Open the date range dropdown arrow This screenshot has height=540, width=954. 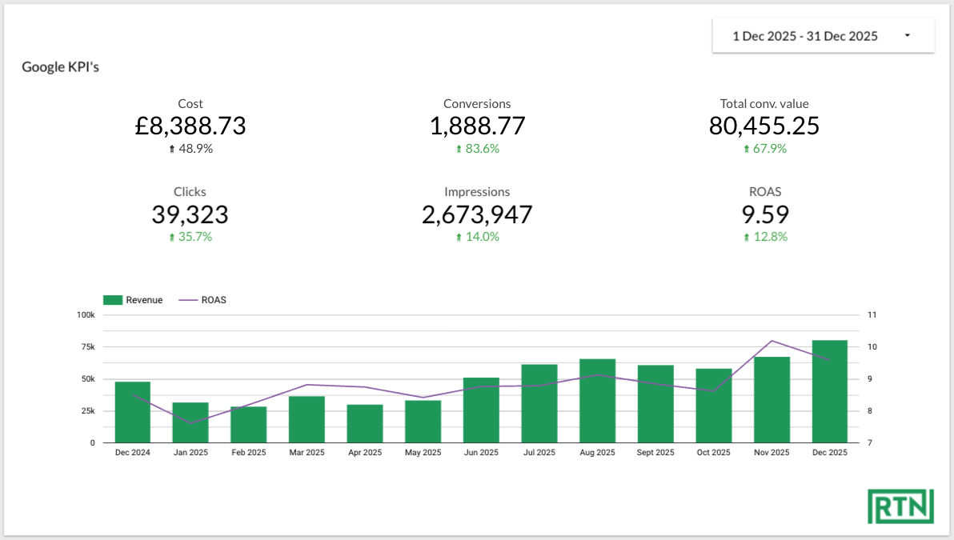point(907,36)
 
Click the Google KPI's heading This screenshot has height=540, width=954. point(60,67)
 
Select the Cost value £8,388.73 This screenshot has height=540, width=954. point(190,126)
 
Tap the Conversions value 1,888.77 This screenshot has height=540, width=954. point(477,126)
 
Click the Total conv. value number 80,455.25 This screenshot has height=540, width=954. point(764,126)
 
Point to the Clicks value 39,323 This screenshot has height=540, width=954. point(190,214)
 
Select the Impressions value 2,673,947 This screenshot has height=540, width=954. point(477,214)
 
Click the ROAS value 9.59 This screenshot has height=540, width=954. point(764,214)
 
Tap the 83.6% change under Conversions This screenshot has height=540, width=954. point(477,149)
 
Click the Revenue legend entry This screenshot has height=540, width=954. point(133,300)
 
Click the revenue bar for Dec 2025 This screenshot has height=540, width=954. point(830,392)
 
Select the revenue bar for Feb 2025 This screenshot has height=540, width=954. point(249,425)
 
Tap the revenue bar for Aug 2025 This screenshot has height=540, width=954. point(598,401)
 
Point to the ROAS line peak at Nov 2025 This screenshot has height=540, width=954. point(772,341)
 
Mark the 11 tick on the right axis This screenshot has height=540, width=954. point(872,315)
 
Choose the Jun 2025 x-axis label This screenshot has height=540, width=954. point(481,453)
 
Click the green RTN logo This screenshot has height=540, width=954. point(900,506)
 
